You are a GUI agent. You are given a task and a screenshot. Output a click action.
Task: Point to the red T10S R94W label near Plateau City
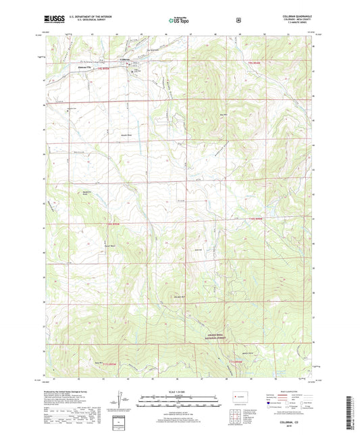[103, 70]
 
